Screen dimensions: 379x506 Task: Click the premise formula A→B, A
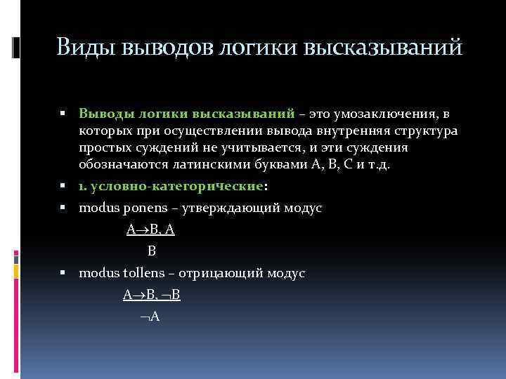[x=150, y=230]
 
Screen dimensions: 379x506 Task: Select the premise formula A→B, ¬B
[x=152, y=295]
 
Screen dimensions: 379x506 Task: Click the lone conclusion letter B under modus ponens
[x=151, y=251]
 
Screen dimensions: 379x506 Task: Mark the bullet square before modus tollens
[x=63, y=273]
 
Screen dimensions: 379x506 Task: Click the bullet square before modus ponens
[x=63, y=208]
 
